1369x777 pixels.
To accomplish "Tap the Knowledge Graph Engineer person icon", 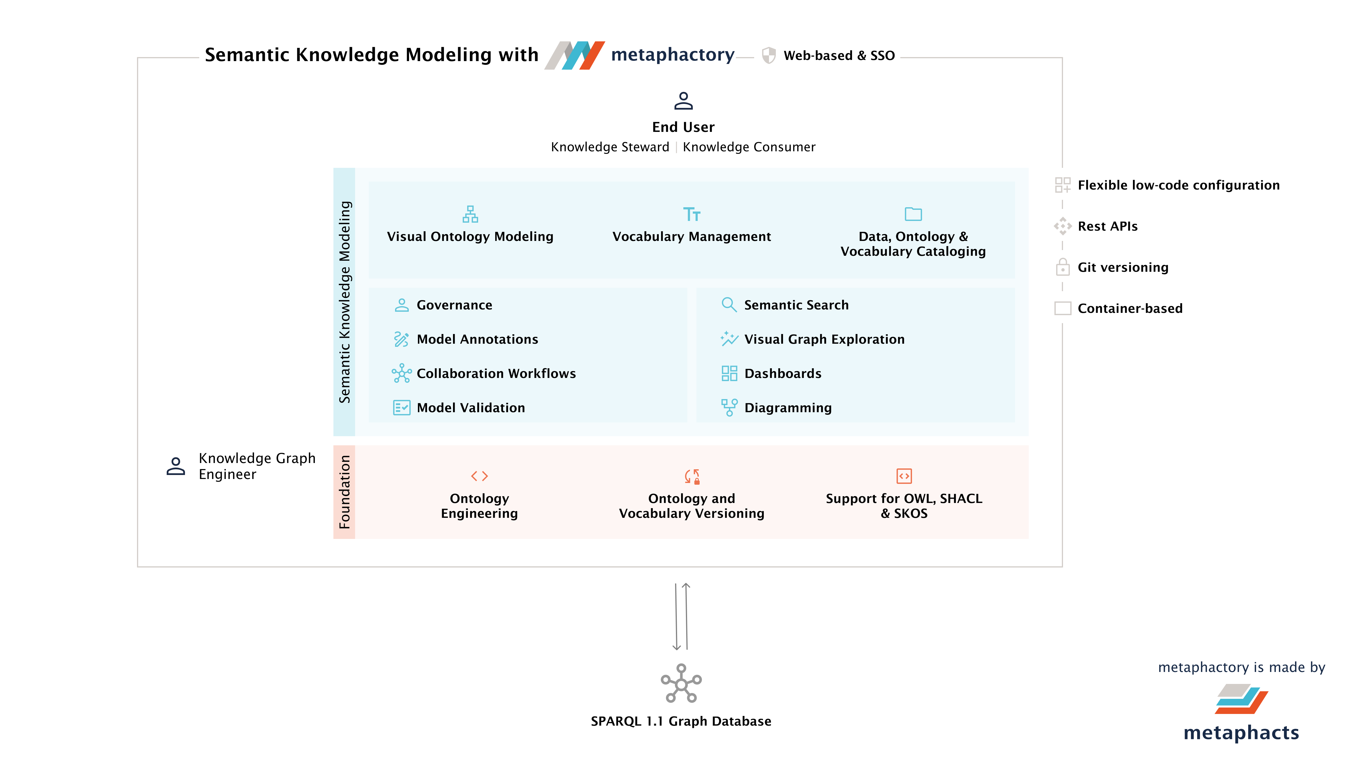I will click(x=176, y=466).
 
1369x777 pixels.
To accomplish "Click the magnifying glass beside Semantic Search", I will click(x=729, y=305).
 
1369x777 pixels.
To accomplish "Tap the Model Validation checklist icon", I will click(x=401, y=408).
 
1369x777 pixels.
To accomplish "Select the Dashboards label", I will click(x=783, y=374).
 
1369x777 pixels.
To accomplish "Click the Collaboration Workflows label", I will click(x=496, y=374).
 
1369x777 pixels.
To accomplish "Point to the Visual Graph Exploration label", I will click(x=824, y=339).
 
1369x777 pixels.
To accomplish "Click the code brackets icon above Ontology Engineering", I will click(x=479, y=476).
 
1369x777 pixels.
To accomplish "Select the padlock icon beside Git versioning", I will click(x=1062, y=267).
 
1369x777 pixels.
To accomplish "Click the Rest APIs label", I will click(x=1108, y=226).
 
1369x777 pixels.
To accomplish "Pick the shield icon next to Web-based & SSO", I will click(x=768, y=55).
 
